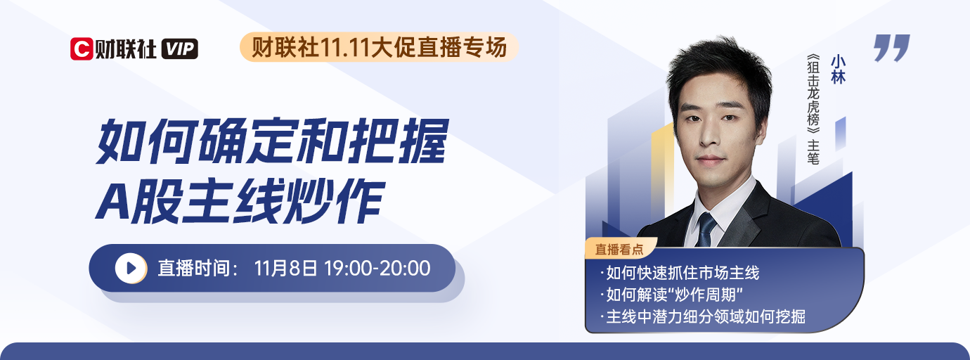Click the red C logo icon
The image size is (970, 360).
(x=82, y=49)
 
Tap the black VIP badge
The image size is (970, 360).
(x=180, y=49)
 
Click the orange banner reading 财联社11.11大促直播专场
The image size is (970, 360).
(x=379, y=47)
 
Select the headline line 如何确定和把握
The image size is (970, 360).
(x=272, y=141)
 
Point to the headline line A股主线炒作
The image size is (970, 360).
(x=240, y=200)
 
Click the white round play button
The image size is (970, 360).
(x=131, y=268)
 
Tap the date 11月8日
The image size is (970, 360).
(x=286, y=268)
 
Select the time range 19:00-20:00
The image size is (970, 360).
(x=377, y=268)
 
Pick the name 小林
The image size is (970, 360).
(x=838, y=70)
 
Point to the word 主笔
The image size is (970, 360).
(x=813, y=152)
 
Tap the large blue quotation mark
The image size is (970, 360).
(x=891, y=48)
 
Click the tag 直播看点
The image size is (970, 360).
(x=619, y=249)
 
